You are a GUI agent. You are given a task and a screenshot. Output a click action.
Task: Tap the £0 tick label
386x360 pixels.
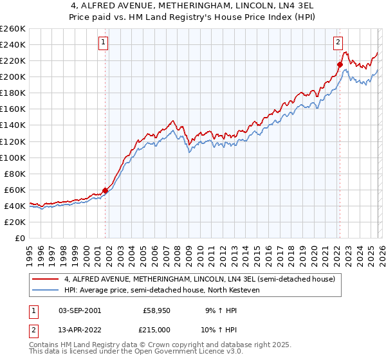coord(19,238)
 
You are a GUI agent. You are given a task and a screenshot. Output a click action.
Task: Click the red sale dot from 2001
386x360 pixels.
coord(105,190)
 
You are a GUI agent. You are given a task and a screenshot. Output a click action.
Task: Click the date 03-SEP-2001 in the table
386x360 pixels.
coord(79,310)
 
